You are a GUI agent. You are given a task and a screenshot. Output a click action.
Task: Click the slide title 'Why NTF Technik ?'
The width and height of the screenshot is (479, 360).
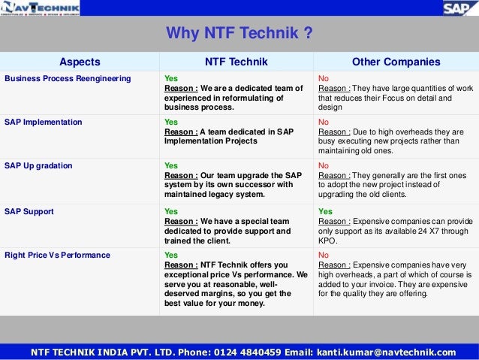[x=239, y=34]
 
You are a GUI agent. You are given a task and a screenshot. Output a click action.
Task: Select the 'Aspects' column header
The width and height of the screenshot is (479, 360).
[x=80, y=62]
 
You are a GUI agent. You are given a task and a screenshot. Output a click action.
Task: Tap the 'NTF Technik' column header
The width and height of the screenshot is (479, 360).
[x=236, y=62]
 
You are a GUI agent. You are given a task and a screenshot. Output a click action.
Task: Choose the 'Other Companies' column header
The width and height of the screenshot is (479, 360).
[x=396, y=62]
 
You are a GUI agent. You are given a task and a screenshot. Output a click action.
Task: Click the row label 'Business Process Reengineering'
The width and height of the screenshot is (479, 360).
[x=68, y=78]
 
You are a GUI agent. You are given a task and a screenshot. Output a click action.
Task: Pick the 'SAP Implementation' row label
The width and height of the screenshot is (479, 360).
[x=44, y=122]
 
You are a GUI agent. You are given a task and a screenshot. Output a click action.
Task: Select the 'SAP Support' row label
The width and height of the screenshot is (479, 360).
[x=29, y=212]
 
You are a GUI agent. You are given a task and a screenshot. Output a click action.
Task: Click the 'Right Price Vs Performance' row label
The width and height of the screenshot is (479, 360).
[x=57, y=256]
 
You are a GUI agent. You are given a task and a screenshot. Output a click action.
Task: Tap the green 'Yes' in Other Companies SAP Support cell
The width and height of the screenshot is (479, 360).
[x=325, y=212]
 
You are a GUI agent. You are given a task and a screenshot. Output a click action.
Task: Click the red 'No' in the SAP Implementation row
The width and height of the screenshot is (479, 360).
[x=324, y=122]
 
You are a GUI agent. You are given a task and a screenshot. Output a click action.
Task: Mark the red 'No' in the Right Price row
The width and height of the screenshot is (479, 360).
[x=324, y=256]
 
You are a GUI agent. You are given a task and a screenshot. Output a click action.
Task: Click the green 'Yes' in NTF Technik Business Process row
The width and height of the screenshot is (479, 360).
[x=171, y=78]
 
